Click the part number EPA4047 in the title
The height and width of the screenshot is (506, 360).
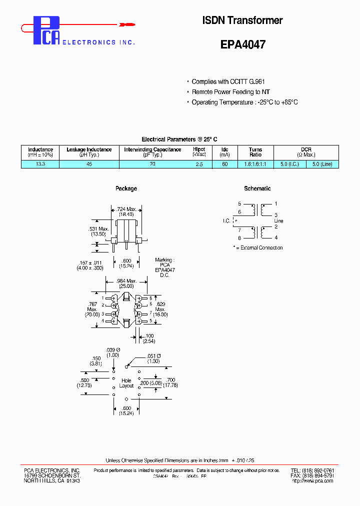(x=242, y=44)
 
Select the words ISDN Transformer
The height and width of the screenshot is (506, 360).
(x=242, y=20)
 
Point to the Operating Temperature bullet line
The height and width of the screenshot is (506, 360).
(x=244, y=102)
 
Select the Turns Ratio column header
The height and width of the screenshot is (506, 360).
(x=255, y=152)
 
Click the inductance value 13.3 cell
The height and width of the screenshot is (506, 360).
(x=40, y=164)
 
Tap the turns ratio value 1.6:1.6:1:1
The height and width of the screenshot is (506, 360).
(x=255, y=164)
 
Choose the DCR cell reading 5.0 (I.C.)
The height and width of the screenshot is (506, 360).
(x=290, y=164)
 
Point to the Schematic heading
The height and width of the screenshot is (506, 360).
(x=257, y=188)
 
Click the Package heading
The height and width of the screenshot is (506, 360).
(x=126, y=188)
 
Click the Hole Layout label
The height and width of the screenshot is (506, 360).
(x=126, y=383)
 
